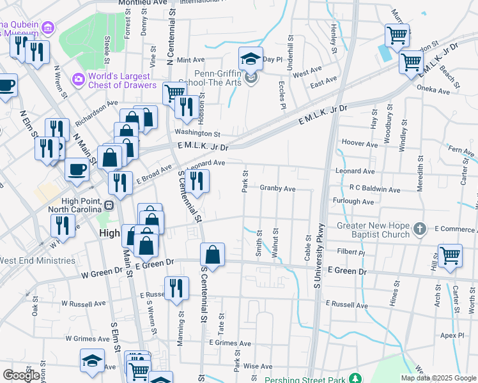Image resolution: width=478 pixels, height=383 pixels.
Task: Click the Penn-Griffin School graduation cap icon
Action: [x=251, y=59]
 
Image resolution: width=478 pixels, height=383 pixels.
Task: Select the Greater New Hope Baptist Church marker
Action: [x=419, y=228]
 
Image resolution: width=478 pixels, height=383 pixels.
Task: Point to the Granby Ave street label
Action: [x=277, y=188]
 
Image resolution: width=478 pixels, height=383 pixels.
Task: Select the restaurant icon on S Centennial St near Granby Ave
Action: [x=196, y=181]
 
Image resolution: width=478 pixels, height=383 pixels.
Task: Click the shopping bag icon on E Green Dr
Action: [x=212, y=255]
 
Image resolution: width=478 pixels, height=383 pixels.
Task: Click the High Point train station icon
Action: [x=109, y=206]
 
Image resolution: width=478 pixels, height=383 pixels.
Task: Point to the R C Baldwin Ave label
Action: [x=374, y=190]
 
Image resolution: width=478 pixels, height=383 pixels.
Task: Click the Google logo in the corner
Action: [x=21, y=375]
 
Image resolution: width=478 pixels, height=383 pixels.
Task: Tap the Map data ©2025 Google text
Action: [x=438, y=378]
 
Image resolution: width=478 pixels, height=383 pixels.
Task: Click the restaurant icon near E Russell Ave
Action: [x=176, y=289]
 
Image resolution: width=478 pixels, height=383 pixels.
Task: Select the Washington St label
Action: [x=197, y=134]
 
